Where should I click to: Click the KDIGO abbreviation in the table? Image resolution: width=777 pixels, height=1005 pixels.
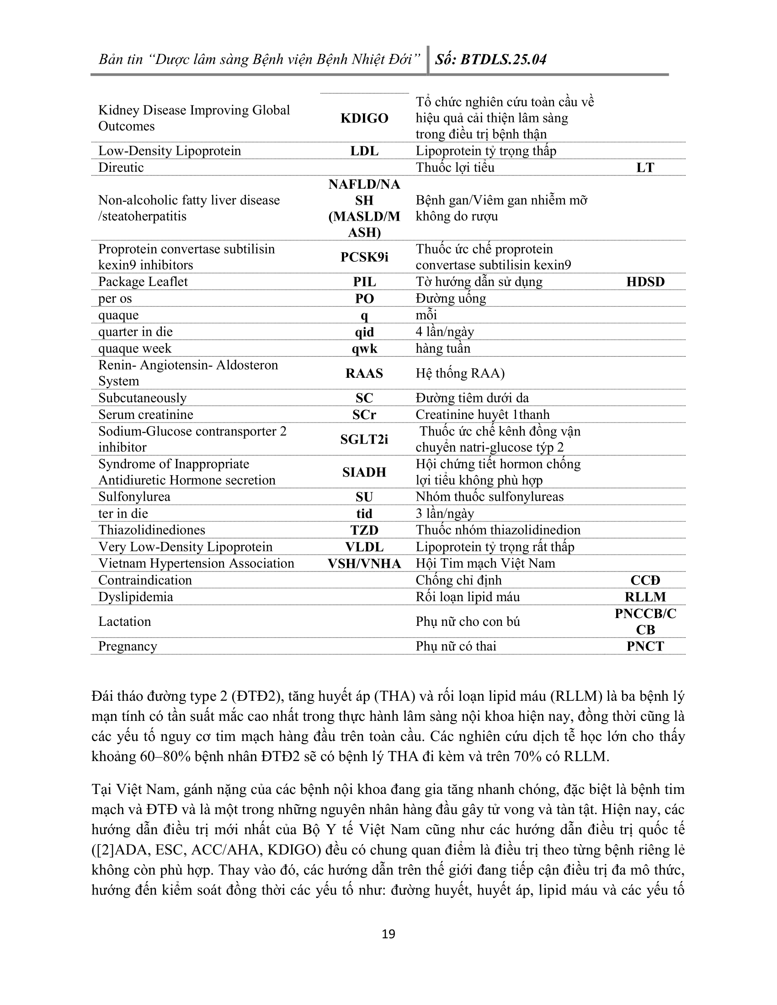[x=364, y=118]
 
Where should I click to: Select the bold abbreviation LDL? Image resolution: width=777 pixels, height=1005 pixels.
[x=364, y=151]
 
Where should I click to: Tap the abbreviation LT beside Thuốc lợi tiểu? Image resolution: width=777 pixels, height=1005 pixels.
[x=645, y=168]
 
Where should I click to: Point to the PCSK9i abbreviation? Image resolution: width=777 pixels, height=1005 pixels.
[x=364, y=257]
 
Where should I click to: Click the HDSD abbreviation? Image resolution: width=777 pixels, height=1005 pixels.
[x=645, y=281]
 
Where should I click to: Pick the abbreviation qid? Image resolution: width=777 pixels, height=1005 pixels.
[x=364, y=332]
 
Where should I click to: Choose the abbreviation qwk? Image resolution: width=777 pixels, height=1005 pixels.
[x=364, y=349]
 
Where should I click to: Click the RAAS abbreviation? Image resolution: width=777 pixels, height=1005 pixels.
[x=364, y=373]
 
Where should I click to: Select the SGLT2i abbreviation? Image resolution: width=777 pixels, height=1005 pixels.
[x=364, y=439]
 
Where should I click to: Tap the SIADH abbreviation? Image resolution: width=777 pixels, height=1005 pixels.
[x=364, y=472]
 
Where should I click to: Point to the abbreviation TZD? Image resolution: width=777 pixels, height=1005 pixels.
[x=364, y=530]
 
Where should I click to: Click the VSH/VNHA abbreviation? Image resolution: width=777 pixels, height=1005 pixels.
[x=364, y=563]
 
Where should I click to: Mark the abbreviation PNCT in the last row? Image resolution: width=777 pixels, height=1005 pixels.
[x=645, y=646]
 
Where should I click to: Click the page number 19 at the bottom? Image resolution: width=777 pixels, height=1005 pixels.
[x=388, y=934]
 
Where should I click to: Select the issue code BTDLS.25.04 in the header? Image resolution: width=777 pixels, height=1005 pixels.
[x=503, y=59]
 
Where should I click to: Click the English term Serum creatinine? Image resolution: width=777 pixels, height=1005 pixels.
[x=145, y=415]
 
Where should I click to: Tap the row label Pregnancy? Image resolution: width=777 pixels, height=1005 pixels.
[x=128, y=646]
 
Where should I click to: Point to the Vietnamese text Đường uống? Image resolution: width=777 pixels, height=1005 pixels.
[x=451, y=299]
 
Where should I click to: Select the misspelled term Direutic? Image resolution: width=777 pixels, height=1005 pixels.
[x=121, y=168]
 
